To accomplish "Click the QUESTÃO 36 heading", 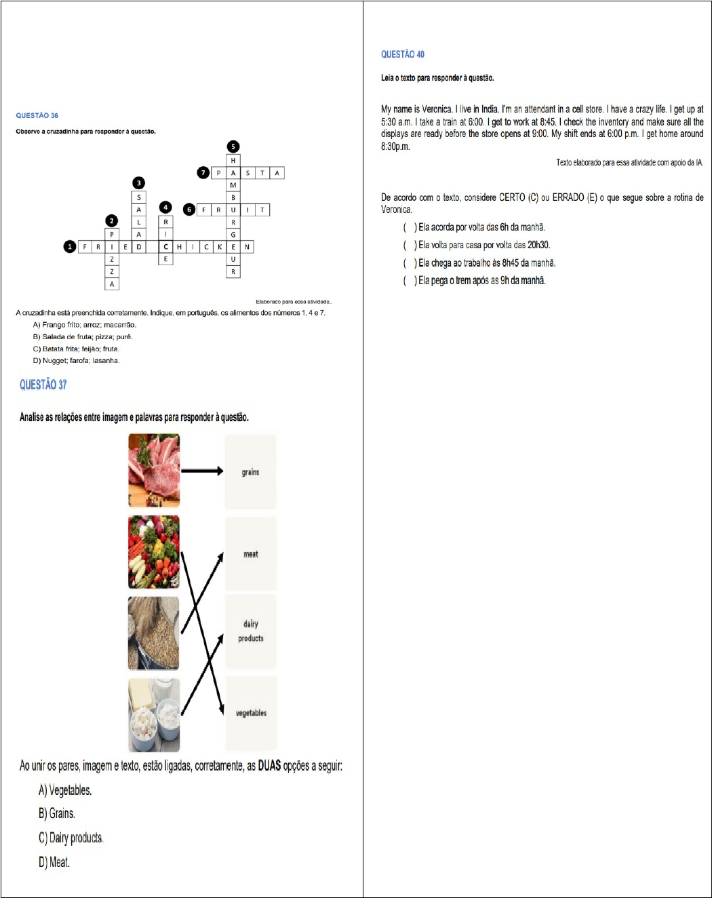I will [x=37, y=115].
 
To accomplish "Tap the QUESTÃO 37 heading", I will [x=43, y=385].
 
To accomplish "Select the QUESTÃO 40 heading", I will [x=402, y=54].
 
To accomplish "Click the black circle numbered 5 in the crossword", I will [x=233, y=147].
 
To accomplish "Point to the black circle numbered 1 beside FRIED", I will [x=69, y=246].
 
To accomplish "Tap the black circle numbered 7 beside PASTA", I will [x=203, y=172].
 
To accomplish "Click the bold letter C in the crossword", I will [x=165, y=247].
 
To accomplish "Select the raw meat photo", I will [x=154, y=470].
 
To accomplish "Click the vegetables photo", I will [x=154, y=551].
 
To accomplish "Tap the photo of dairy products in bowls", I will [x=154, y=715].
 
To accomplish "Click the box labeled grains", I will [x=250, y=471].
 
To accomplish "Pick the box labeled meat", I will [x=250, y=553].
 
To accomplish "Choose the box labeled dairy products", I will [x=250, y=631].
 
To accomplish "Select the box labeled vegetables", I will [x=250, y=713].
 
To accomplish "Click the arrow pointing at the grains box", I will [x=202, y=471].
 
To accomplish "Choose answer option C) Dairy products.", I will [x=71, y=838].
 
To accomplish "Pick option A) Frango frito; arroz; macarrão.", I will [x=85, y=325].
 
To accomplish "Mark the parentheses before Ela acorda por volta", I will [x=410, y=227].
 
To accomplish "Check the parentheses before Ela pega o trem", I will [x=410, y=280].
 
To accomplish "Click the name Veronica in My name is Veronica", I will [x=437, y=109].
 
